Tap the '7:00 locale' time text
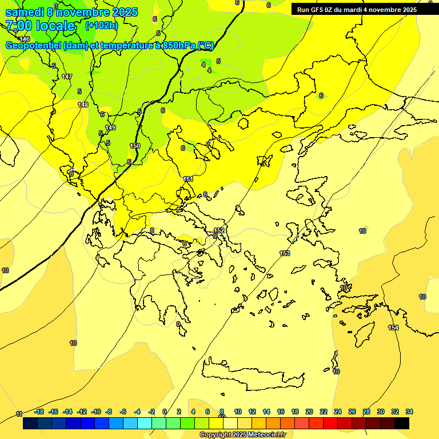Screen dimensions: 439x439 click(x=40, y=26)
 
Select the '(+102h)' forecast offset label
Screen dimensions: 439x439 click(x=101, y=26)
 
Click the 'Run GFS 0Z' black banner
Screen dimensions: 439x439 click(x=357, y=9)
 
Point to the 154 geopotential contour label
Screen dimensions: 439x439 click(x=393, y=328)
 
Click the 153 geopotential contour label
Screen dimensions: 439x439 click(x=285, y=253)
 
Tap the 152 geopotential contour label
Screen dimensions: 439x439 click(x=219, y=231)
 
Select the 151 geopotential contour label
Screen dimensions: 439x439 click(x=188, y=179)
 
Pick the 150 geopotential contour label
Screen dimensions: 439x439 click(x=135, y=146)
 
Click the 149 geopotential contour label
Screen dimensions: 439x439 click(x=110, y=127)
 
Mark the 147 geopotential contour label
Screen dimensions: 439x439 click(x=67, y=77)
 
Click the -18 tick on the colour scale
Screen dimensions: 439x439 click(x=39, y=412)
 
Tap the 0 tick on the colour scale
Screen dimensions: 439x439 click(x=165, y=412)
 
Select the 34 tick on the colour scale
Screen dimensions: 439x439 click(x=409, y=412)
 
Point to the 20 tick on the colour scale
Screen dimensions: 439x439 click(x=309, y=412)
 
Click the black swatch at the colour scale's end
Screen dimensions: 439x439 click(x=402, y=424)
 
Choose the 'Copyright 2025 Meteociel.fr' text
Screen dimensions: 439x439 click(x=242, y=435)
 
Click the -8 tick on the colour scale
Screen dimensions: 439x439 click(x=109, y=412)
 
